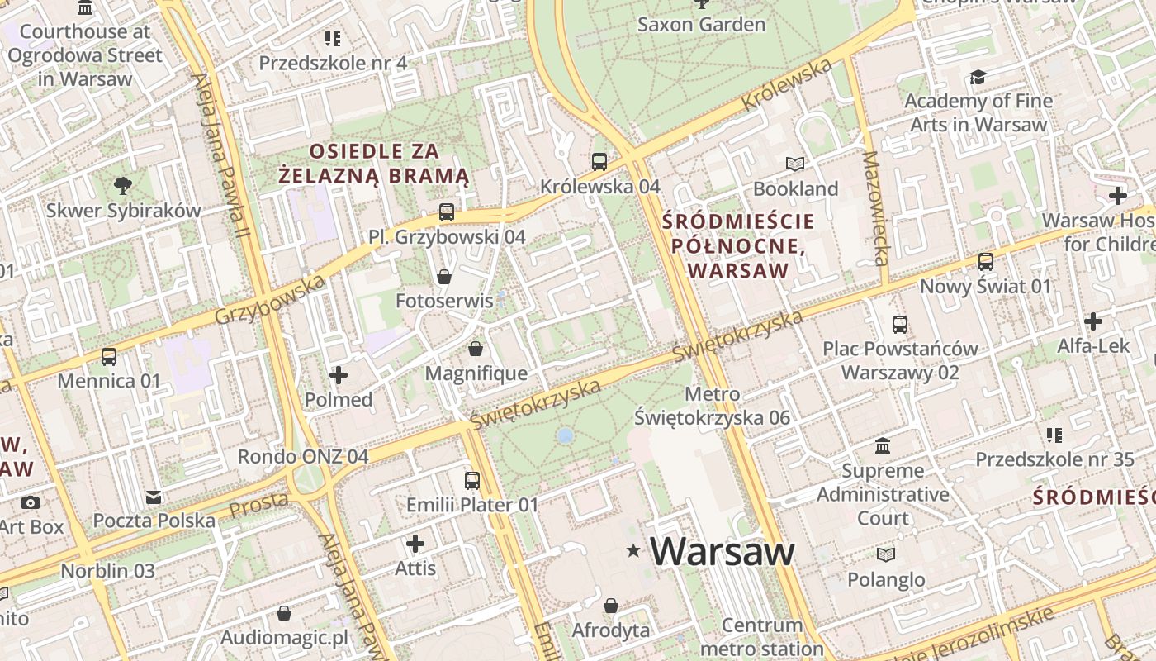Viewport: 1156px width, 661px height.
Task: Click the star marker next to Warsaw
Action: [633, 551]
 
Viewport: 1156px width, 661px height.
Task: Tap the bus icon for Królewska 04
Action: [599, 161]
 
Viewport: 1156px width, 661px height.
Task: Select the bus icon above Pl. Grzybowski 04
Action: [447, 212]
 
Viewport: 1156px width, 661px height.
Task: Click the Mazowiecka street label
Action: [874, 207]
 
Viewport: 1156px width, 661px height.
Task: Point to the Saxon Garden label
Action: [701, 25]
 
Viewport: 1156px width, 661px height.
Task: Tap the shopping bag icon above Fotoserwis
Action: [444, 276]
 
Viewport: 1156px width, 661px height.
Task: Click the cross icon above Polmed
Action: [339, 376]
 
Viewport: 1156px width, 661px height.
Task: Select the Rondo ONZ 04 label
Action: [303, 456]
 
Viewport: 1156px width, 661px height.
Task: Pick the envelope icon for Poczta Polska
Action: [154, 497]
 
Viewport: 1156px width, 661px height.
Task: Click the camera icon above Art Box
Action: [31, 502]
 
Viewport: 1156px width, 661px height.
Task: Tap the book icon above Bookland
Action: [795, 164]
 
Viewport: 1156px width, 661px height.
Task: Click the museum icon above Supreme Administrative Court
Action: [883, 446]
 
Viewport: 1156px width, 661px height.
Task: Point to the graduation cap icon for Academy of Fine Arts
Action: [978, 77]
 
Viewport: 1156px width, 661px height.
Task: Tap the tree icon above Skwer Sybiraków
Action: [123, 185]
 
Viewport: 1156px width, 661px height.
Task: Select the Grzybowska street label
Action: [270, 300]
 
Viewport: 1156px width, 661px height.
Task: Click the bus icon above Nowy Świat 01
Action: [985, 262]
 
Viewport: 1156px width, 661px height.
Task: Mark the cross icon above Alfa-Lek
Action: [1093, 321]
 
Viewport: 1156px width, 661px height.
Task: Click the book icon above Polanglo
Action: [886, 554]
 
